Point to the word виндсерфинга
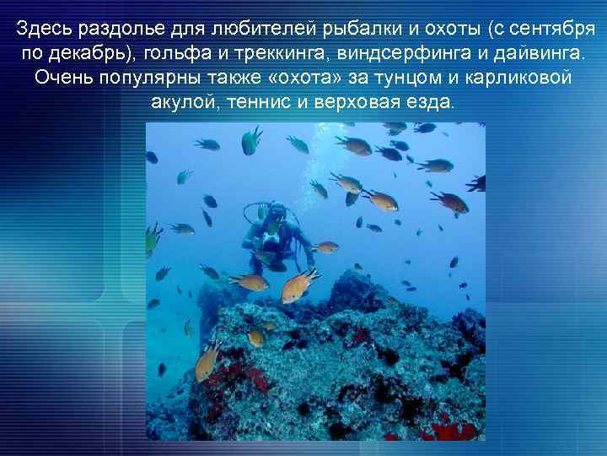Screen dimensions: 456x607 (401, 54)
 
